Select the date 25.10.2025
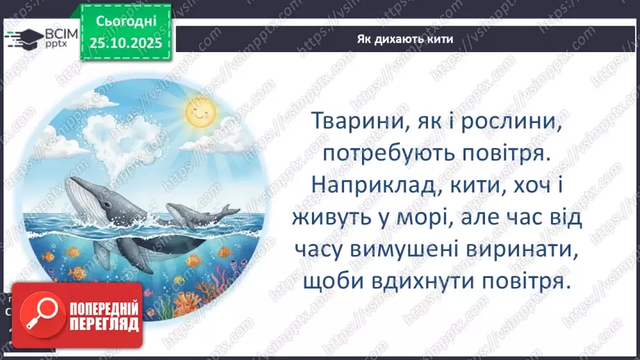click(125, 43)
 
